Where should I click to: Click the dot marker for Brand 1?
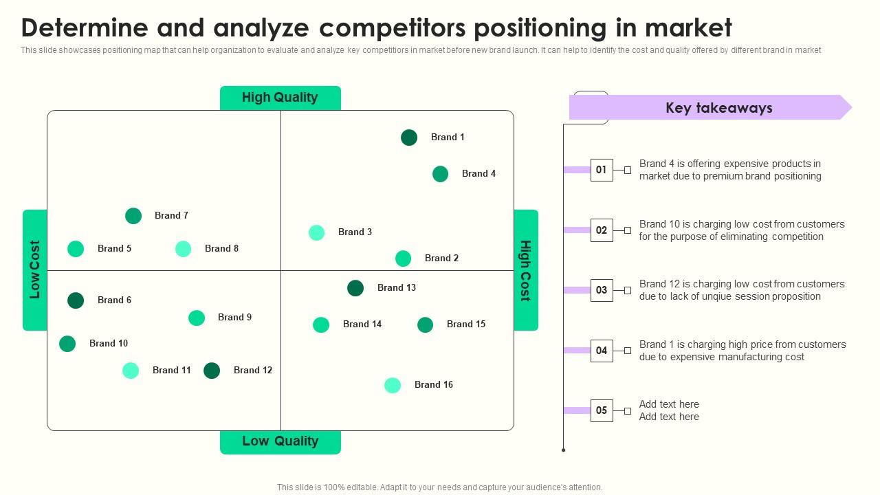tap(409, 137)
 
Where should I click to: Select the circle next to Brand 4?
tap(440, 174)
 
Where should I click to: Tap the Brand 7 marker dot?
tap(133, 216)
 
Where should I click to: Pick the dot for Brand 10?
tap(67, 344)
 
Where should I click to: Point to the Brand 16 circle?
tap(393, 386)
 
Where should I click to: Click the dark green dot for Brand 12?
tap(212, 371)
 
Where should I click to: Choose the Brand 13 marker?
tap(355, 288)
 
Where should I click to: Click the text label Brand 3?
tap(355, 232)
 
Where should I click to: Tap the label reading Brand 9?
tap(234, 317)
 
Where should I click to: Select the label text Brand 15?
tap(465, 324)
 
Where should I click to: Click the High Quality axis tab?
tap(280, 98)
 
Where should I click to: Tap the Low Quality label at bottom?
tap(280, 441)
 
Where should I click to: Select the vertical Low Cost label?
tap(34, 269)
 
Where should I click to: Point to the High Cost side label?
tap(525, 270)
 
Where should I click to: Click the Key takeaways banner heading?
tap(718, 108)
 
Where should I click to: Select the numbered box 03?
tap(602, 290)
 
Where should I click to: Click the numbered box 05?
tap(602, 410)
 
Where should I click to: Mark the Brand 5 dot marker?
tap(76, 249)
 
